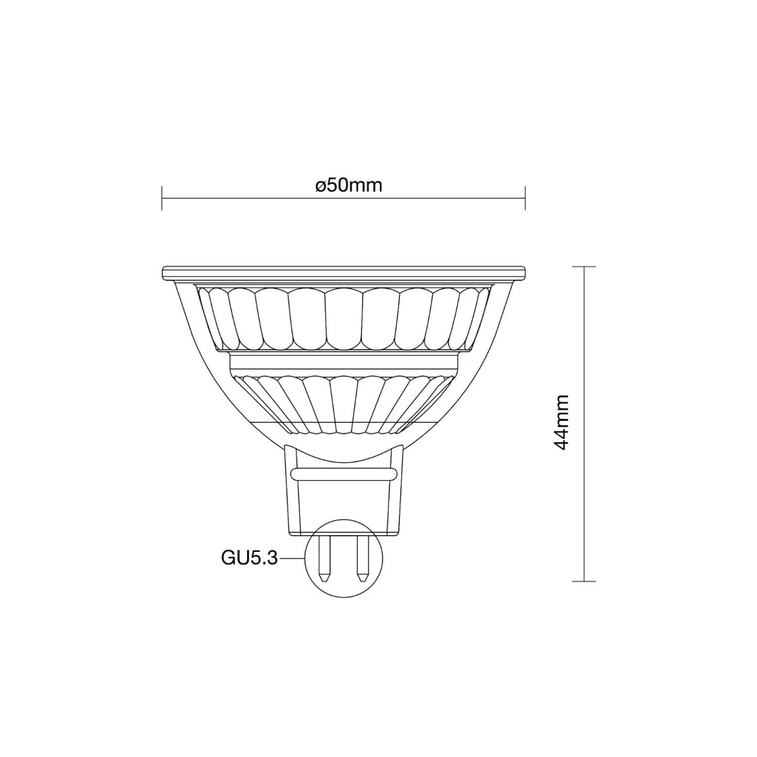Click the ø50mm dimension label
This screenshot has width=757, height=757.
tap(348, 185)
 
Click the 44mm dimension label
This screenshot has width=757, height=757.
tap(561, 422)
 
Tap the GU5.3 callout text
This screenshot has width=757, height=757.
tap(249, 558)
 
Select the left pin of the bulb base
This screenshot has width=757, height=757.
tap(325, 558)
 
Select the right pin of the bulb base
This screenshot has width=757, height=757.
tap(362, 558)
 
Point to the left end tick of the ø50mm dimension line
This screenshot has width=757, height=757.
tap(162, 198)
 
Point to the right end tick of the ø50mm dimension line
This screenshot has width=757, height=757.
tap(525, 198)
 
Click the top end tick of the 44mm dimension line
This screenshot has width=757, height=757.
tap(584, 266)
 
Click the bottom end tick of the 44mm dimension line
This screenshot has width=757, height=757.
tap(584, 581)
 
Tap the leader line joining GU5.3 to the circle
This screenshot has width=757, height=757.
tap(292, 559)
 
